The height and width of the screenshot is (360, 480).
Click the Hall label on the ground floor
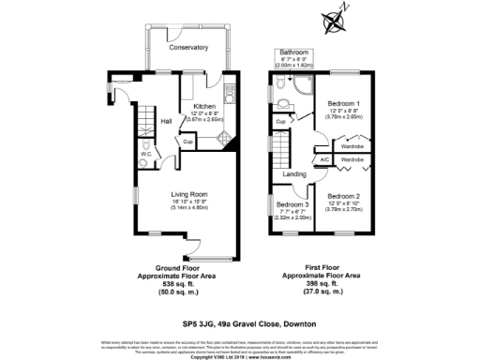point(165,121)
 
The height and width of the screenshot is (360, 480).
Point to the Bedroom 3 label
point(293,203)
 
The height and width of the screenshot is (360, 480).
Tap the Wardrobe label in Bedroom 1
point(352,146)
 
